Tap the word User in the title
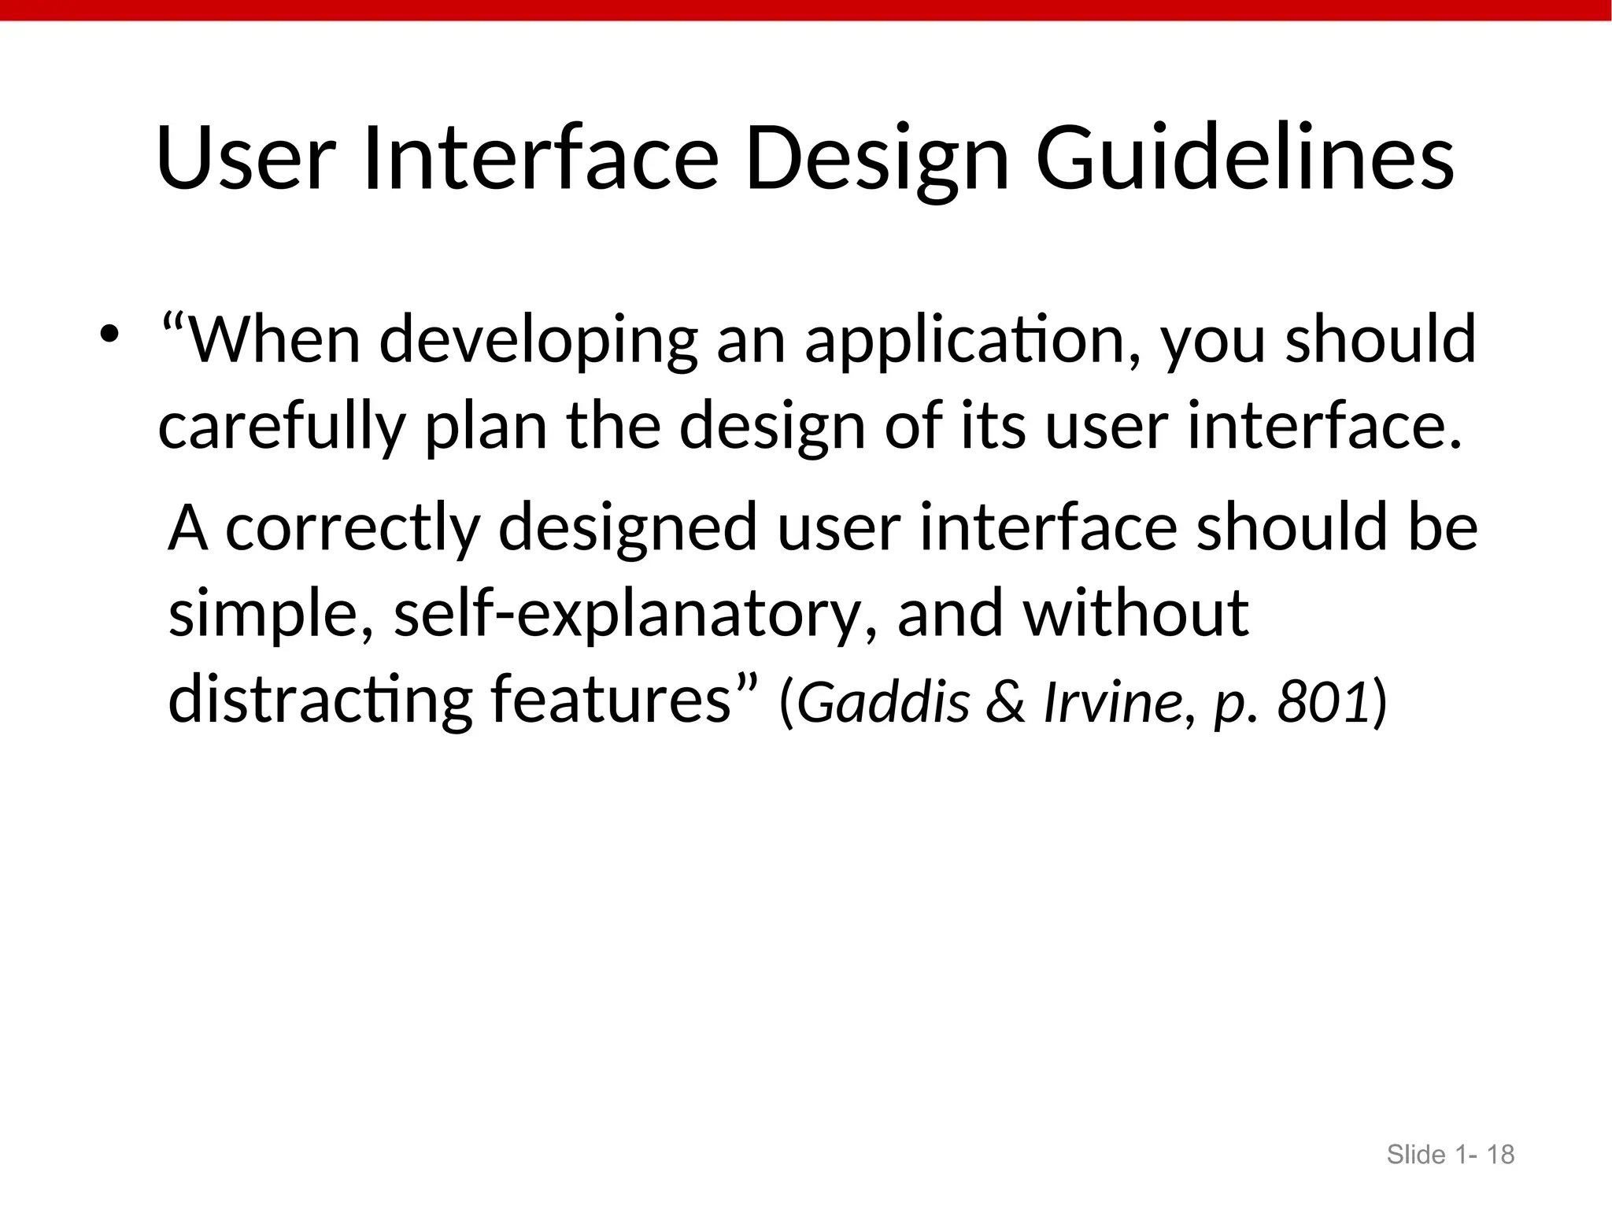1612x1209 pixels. pos(246,159)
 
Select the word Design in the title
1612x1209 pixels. pos(877,159)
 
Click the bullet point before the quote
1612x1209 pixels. pos(109,335)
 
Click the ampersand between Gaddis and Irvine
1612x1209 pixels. pos(1006,701)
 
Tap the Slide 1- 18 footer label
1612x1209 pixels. pos(1450,1155)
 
